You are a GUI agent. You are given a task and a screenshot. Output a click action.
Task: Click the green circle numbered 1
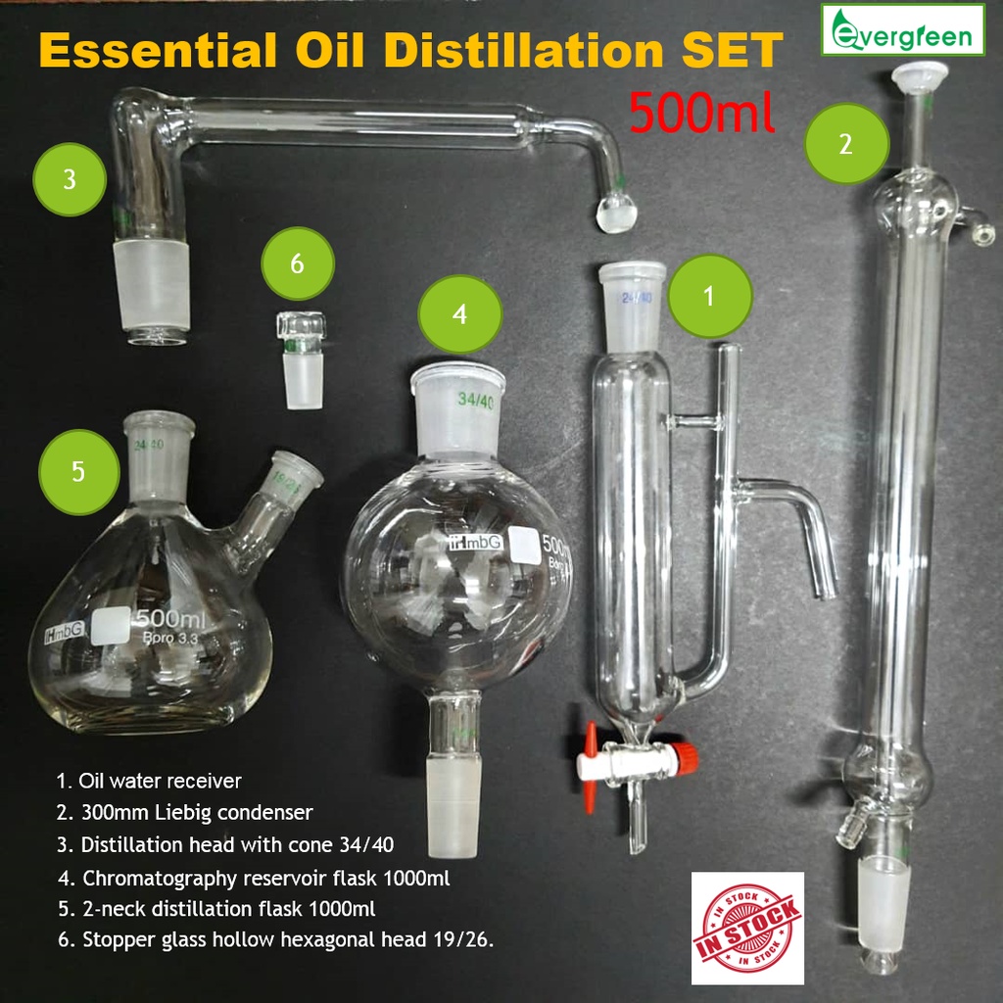[x=709, y=296]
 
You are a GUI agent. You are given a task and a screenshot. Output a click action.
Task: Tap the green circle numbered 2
[x=846, y=144]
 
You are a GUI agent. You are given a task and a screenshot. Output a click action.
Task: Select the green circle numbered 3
[x=69, y=180]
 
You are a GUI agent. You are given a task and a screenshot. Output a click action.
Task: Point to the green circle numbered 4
[x=460, y=313]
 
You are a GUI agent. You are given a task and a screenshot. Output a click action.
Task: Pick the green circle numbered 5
[x=78, y=471]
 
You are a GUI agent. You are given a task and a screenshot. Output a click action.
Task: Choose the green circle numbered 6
[x=298, y=263]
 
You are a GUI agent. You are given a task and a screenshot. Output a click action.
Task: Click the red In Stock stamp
[x=746, y=927]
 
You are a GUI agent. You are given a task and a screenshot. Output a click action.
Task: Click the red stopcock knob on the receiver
[x=663, y=754]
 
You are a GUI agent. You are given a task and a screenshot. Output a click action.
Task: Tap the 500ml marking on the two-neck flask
[x=171, y=620]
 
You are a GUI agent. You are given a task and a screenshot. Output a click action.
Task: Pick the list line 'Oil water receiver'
[x=149, y=781]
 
